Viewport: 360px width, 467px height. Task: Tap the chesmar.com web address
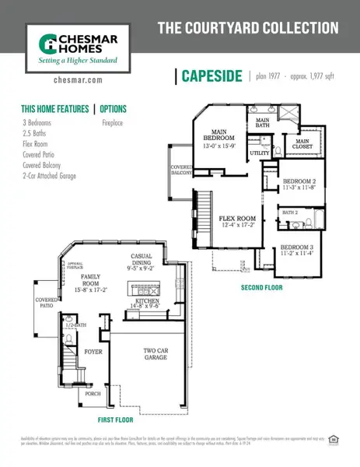(75, 79)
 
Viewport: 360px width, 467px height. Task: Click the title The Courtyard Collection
(248, 29)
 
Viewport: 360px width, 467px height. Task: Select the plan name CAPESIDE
(211, 76)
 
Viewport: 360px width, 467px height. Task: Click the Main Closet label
(302, 143)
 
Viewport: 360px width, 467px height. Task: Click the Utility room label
(260, 153)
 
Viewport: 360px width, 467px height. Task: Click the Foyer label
(93, 352)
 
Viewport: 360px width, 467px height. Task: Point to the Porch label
(93, 393)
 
